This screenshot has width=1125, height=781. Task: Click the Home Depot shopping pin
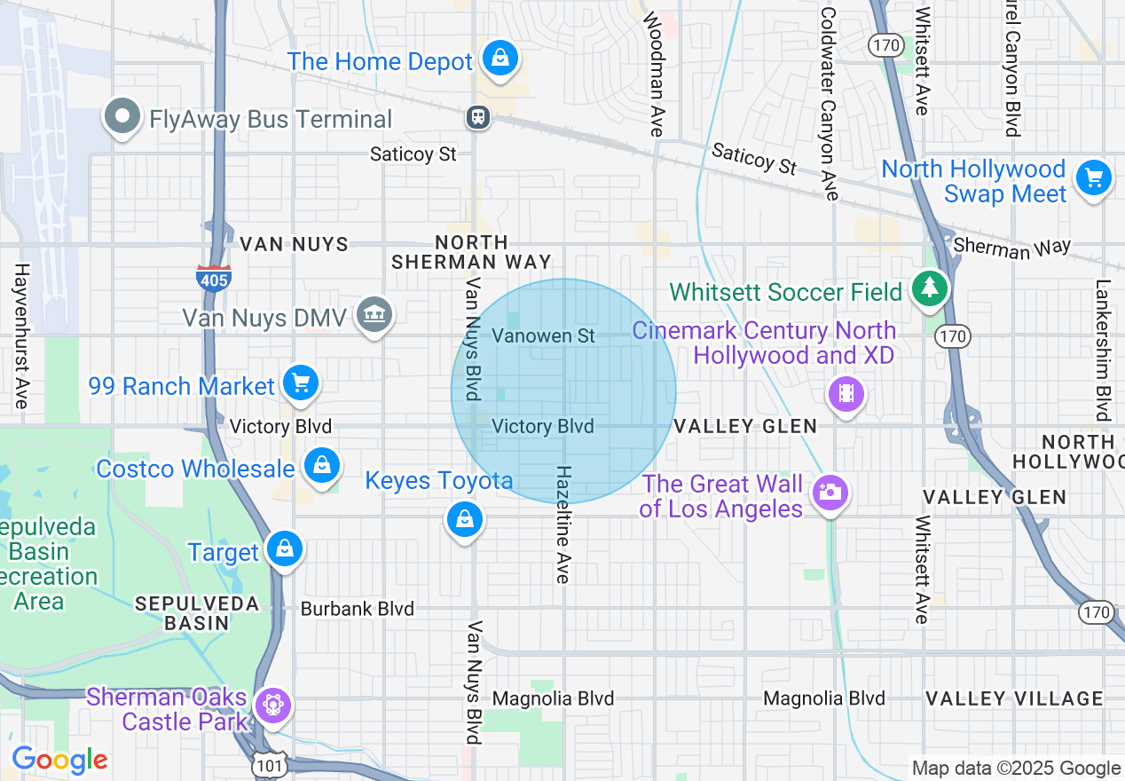click(x=500, y=59)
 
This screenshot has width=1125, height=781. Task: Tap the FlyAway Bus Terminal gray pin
click(x=122, y=117)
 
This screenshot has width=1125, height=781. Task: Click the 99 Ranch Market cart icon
click(x=301, y=383)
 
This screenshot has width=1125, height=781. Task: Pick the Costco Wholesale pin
click(x=322, y=466)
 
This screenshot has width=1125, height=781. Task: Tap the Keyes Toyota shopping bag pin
click(x=464, y=520)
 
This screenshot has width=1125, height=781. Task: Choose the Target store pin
click(x=284, y=549)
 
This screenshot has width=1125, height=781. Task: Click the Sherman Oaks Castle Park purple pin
click(x=271, y=706)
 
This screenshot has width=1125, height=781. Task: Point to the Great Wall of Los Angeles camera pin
click(x=830, y=493)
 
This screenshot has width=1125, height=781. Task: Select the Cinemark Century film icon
click(x=846, y=393)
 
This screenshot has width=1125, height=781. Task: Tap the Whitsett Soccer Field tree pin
click(x=929, y=288)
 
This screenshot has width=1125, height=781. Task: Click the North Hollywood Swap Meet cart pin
click(x=1093, y=178)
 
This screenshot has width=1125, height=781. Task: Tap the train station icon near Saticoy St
click(x=478, y=117)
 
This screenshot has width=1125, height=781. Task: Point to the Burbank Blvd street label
click(x=357, y=609)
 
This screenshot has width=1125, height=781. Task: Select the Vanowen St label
click(x=543, y=335)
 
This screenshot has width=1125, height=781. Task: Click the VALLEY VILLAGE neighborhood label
click(x=1014, y=698)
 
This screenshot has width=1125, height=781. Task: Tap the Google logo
click(x=59, y=760)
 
